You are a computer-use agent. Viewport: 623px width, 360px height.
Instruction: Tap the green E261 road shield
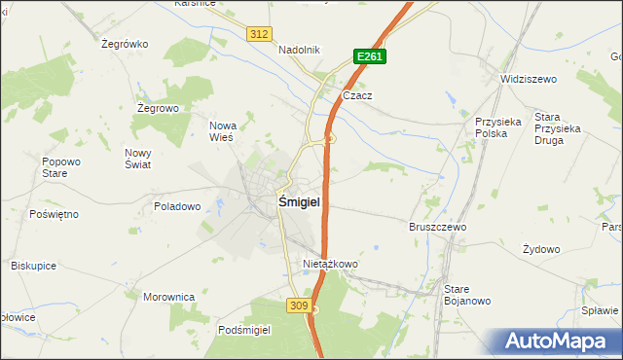369,57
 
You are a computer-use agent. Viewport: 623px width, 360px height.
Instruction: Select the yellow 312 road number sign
258,34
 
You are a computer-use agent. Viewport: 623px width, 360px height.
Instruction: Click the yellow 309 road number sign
299,306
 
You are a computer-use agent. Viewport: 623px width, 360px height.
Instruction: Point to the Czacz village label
358,96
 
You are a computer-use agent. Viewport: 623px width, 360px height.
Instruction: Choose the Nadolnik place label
299,51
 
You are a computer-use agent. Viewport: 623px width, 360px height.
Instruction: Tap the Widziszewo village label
527,79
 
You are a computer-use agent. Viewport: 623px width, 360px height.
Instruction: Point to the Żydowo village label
541,249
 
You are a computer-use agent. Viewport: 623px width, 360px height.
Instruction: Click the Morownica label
169,297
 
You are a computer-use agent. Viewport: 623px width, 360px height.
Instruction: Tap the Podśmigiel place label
244,330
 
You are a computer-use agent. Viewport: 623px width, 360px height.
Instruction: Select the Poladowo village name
177,206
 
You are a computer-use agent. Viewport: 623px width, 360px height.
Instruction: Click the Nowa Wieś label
224,131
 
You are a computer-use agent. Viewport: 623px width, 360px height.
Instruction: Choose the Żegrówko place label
124,44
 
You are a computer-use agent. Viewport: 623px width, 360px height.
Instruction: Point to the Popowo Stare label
60,167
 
